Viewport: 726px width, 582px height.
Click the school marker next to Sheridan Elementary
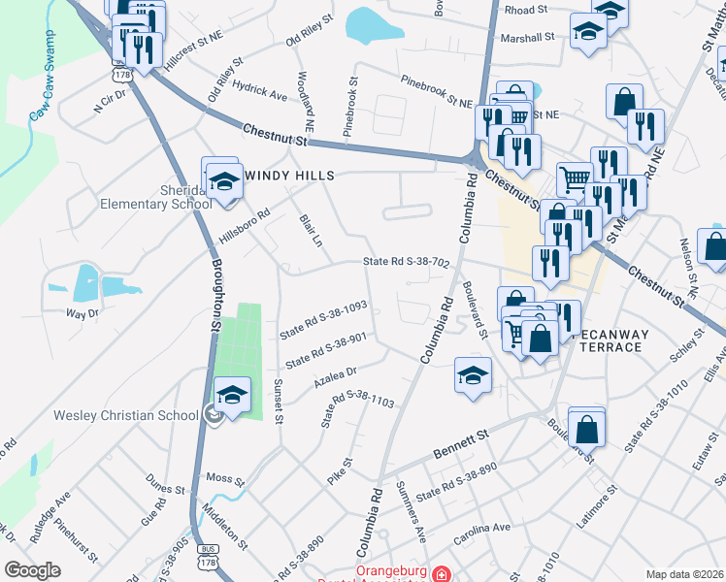[224, 183]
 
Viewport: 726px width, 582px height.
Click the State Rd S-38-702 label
[406, 262]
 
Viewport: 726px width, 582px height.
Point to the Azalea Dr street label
[336, 374]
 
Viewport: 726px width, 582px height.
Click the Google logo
[32, 570]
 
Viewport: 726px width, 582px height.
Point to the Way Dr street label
[82, 313]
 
